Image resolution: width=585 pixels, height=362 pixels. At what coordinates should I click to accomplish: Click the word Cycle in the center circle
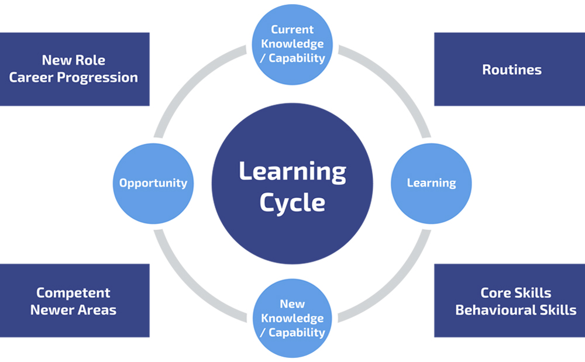(292, 203)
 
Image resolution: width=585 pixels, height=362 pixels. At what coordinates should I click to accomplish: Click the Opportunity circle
(153, 184)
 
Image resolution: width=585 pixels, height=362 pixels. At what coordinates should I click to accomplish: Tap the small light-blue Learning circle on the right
(431, 184)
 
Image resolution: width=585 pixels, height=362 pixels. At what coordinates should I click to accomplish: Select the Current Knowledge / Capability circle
(292, 44)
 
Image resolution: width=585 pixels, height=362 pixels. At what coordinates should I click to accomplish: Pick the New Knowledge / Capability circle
(292, 319)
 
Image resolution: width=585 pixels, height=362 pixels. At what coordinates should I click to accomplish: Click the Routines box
(510, 69)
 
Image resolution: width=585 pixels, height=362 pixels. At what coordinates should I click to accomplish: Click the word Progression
(97, 78)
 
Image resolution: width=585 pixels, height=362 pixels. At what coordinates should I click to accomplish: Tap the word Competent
(73, 293)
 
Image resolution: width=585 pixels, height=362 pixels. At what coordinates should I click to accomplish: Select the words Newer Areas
(73, 310)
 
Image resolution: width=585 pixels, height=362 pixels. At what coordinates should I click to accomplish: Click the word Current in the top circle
(292, 29)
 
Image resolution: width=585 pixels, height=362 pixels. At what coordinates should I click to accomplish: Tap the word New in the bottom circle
(292, 304)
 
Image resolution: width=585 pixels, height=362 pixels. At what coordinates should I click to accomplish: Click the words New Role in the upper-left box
(74, 60)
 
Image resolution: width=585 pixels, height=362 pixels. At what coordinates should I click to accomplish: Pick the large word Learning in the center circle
(292, 173)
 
